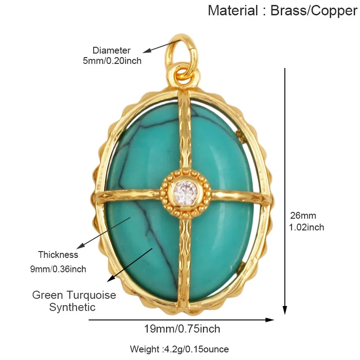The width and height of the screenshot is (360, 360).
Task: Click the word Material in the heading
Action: tap(233, 10)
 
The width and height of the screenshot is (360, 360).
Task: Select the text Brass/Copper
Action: tap(314, 11)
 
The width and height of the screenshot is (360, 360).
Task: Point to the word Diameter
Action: tap(111, 50)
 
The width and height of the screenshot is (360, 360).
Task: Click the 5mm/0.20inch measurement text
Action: tap(112, 61)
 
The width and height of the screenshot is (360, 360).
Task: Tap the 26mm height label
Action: tap(303, 216)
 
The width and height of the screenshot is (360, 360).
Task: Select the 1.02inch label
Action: tap(306, 227)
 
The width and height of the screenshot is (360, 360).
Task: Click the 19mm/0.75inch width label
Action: tap(182, 329)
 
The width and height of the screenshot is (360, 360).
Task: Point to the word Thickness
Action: tap(58, 255)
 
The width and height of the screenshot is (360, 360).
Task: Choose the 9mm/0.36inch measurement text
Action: tap(58, 269)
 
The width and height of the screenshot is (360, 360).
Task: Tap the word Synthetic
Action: tap(72, 307)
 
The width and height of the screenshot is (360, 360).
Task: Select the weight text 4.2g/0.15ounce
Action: tap(196, 349)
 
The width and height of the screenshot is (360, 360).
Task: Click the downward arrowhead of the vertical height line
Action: tap(285, 310)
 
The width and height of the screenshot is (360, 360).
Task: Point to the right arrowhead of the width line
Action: tap(270, 320)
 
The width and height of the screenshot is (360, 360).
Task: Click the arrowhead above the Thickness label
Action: tap(81, 246)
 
